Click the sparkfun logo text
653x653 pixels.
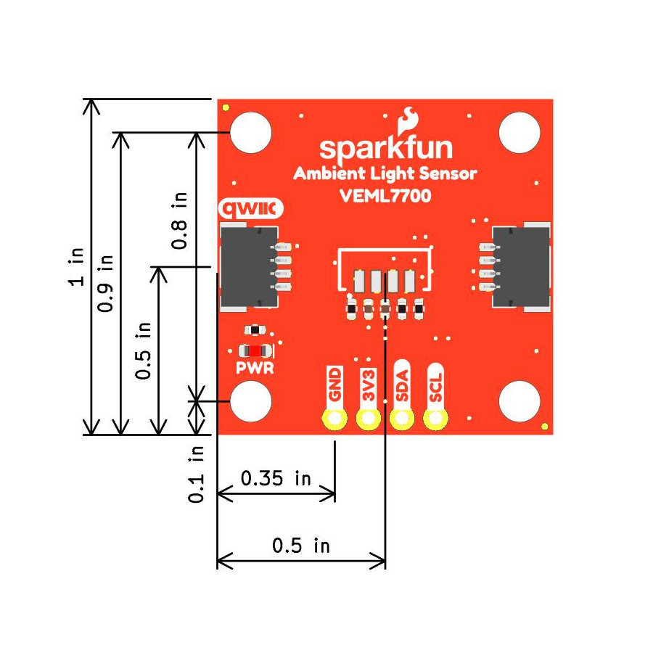click(385, 148)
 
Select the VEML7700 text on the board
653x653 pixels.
click(385, 195)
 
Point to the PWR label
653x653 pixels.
click(255, 368)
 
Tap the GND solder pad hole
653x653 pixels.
click(334, 419)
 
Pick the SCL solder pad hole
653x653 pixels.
click(435, 419)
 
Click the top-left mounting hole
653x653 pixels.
click(251, 133)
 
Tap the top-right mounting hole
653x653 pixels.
click(520, 133)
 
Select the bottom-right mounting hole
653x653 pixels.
click(520, 401)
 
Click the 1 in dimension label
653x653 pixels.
click(77, 267)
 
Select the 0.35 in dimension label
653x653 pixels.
click(276, 479)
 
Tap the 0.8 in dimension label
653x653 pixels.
click(179, 221)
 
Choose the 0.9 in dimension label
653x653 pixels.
click(106, 283)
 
